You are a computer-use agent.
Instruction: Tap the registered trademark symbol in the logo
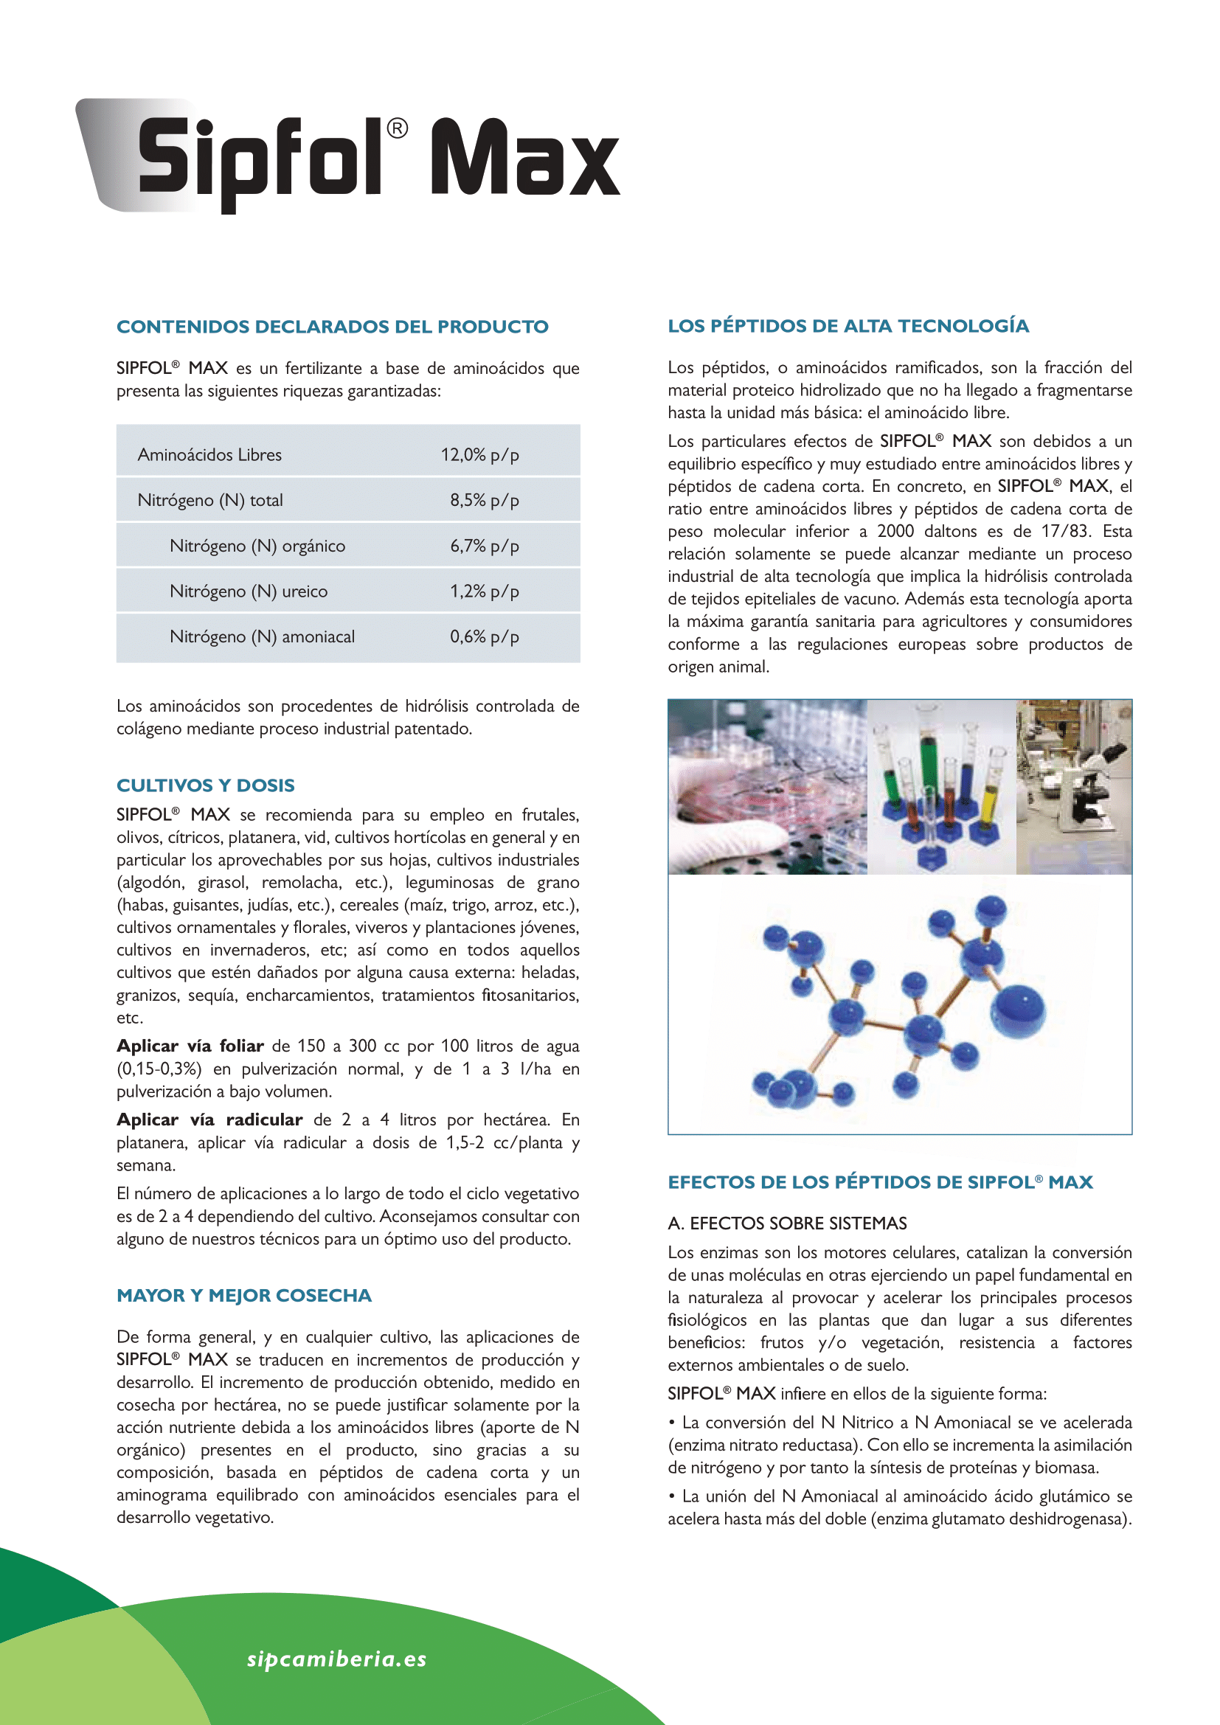[398, 129]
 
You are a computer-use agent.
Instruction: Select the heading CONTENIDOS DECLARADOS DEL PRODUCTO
[332, 327]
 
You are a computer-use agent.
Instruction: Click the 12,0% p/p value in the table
[479, 454]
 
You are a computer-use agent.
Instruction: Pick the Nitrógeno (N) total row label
[209, 500]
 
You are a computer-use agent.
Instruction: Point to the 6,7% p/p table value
[484, 546]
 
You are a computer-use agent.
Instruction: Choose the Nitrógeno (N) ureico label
[248, 591]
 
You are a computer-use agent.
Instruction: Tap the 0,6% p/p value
[484, 637]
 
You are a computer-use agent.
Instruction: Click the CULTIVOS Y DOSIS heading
[205, 785]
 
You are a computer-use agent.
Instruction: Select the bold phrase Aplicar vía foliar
[190, 1046]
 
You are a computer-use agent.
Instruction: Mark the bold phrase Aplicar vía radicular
[209, 1120]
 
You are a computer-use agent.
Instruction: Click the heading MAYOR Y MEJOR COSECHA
[243, 1295]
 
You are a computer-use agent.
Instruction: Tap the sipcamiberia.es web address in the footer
[336, 1659]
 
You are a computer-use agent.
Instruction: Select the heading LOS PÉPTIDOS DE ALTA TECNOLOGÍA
[848, 326]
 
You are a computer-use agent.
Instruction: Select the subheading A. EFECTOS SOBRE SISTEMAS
[787, 1223]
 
